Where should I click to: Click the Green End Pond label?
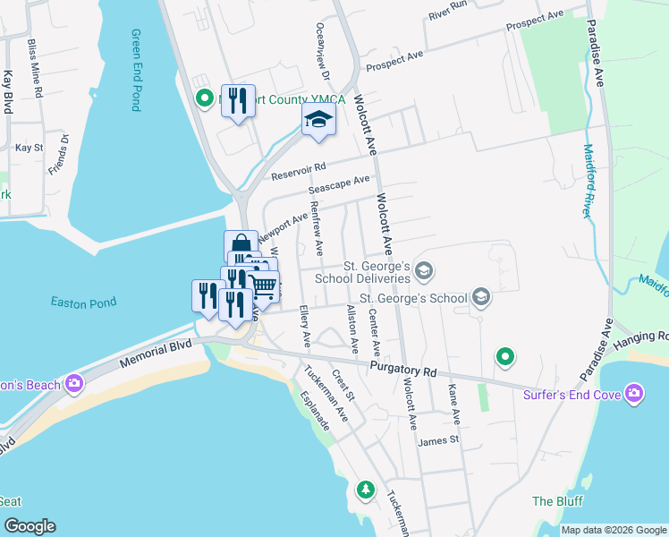coord(136,70)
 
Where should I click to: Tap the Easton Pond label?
coord(83,303)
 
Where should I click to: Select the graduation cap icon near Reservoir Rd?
coord(318,119)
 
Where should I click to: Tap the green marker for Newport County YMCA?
coord(204,99)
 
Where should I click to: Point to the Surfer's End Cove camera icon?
coord(634,394)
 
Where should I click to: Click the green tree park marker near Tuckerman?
coord(365,490)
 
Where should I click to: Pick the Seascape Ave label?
coord(339,185)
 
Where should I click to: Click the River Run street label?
coord(448,12)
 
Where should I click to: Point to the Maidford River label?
coord(589,180)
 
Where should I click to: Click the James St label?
coord(437,440)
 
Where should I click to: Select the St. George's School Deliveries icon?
coord(425,270)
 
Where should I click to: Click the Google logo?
coord(30,526)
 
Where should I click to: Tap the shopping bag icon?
coord(241,243)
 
